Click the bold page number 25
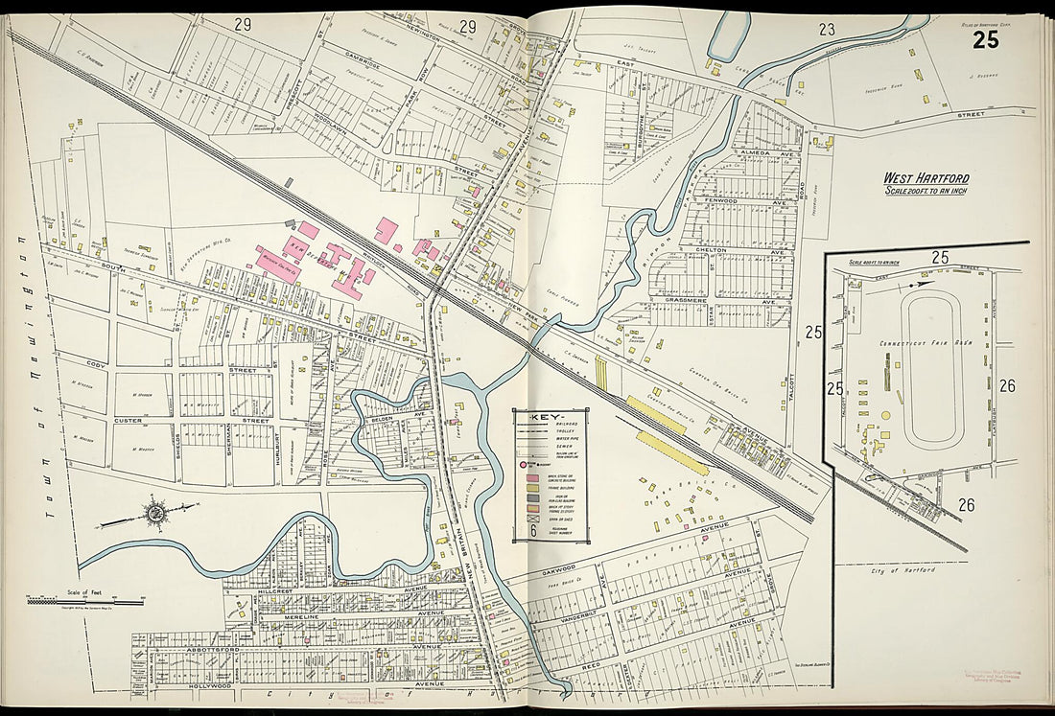click(x=985, y=39)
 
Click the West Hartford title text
click(x=926, y=178)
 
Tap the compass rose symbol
click(x=153, y=513)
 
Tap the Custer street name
click(x=128, y=421)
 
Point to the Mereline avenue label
click(x=308, y=618)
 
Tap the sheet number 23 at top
click(x=827, y=30)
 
